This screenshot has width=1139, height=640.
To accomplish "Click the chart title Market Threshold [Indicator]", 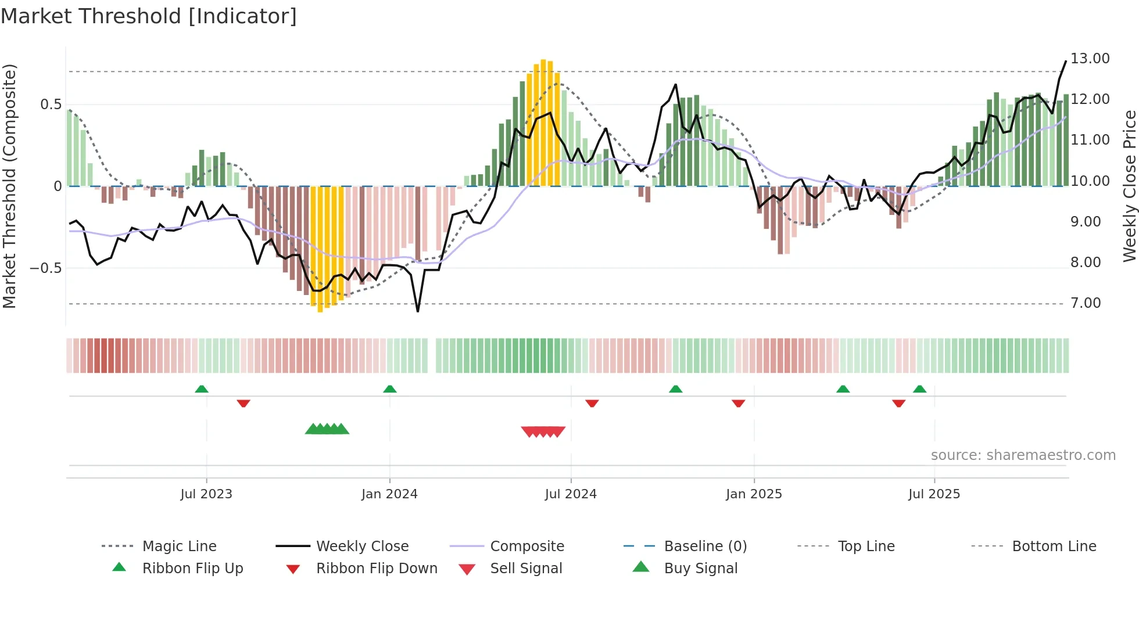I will tap(149, 16).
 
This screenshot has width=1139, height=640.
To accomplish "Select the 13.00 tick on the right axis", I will tap(1090, 59).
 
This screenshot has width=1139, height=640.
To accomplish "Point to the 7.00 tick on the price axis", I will tap(1085, 303).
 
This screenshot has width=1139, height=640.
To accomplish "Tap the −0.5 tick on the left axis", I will tap(45, 268).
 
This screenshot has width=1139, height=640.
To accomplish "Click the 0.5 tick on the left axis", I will tap(51, 105).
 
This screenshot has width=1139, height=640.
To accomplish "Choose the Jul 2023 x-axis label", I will tap(206, 494).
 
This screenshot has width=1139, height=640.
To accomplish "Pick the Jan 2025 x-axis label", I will tap(754, 494).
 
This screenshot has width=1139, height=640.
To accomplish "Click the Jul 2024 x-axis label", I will tap(571, 494).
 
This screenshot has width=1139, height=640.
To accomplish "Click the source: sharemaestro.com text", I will tap(1023, 455).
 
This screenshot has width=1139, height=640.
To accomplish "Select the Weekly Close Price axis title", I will tap(1129, 186).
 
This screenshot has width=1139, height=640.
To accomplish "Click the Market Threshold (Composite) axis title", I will tap(9, 186).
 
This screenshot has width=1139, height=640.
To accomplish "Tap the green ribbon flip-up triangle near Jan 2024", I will tap(390, 389).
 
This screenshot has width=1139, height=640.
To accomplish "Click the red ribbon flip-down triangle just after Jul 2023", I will tap(243, 403).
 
